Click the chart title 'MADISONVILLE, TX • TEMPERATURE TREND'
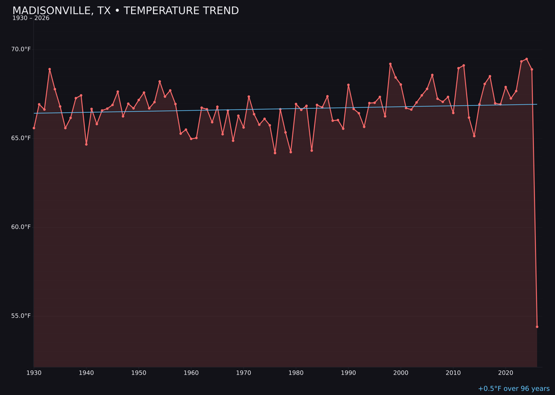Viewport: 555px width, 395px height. point(125,11)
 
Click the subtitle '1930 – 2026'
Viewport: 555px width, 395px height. point(31,19)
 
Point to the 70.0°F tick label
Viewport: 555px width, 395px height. point(21,49)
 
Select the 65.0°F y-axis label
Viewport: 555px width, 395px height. point(21,138)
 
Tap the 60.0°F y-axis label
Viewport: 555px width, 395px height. point(21,227)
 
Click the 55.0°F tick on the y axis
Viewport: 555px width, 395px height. point(21,316)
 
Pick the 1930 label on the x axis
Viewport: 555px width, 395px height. point(34,373)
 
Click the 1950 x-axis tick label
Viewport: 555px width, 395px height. point(139,373)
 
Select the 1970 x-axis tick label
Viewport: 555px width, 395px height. point(244,373)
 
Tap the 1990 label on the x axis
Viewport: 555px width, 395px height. point(348,373)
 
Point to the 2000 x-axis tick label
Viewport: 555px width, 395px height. point(401,373)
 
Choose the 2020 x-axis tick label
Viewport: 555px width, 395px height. point(506,373)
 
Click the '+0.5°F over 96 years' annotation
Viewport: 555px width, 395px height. point(513,389)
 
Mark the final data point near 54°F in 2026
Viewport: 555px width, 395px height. point(537,327)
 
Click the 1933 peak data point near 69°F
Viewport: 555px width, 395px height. point(50,69)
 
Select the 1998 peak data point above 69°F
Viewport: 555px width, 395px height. point(390,64)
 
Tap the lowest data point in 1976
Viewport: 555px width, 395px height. point(275,153)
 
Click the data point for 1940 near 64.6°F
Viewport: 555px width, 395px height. point(86,145)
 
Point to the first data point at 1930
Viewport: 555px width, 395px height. point(34,128)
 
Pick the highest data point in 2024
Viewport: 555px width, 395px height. point(527,59)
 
